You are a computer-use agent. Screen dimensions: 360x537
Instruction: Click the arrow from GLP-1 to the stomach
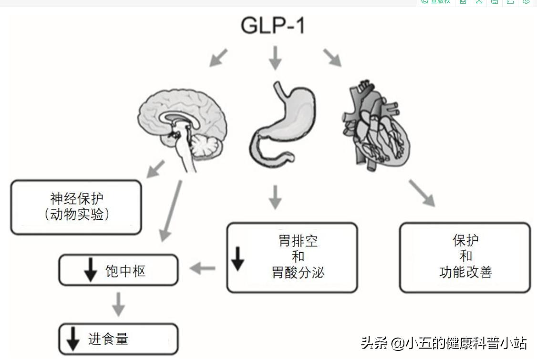pyautogui.click(x=275, y=58)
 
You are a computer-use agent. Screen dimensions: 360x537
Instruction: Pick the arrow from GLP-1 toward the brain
pyautogui.click(x=219, y=57)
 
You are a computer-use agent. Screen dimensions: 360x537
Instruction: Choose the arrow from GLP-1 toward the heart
pyautogui.click(x=332, y=57)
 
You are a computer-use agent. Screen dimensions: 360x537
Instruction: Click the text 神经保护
pyautogui.click(x=76, y=198)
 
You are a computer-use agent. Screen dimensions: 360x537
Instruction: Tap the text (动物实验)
pyautogui.click(x=76, y=215)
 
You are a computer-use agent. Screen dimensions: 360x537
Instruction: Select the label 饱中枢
pyautogui.click(x=125, y=271)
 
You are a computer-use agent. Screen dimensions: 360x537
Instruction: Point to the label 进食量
pyautogui.click(x=108, y=339)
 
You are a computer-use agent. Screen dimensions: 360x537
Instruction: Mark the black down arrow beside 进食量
pyautogui.click(x=73, y=339)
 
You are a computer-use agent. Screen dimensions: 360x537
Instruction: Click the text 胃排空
pyautogui.click(x=298, y=241)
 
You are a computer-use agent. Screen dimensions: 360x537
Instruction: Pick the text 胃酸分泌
pyautogui.click(x=298, y=272)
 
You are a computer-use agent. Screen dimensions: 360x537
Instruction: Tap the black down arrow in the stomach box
pyautogui.click(x=238, y=259)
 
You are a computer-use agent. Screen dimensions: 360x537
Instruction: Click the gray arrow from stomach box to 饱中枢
pyautogui.click(x=202, y=269)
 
